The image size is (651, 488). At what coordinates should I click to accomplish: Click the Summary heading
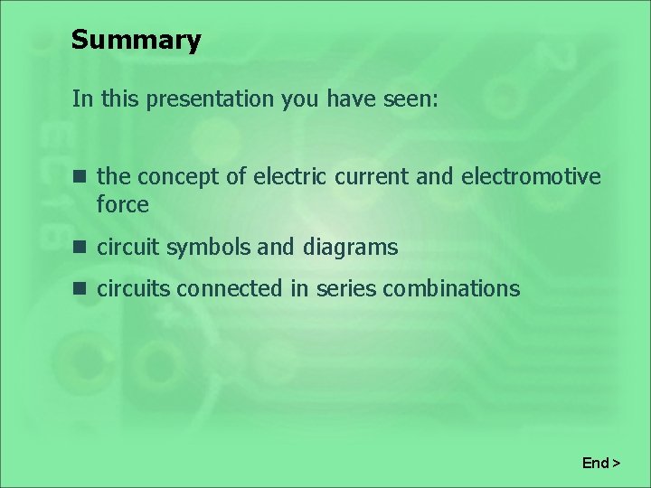click(x=136, y=41)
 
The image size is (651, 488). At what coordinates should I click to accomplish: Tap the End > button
click(x=601, y=464)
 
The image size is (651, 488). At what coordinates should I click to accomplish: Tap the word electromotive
click(x=531, y=176)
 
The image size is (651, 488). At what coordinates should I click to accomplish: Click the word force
click(x=123, y=205)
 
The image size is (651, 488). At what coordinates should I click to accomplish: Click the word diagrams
click(x=350, y=248)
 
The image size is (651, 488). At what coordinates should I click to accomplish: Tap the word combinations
click(x=451, y=289)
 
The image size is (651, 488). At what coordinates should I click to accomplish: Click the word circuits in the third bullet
click(x=134, y=289)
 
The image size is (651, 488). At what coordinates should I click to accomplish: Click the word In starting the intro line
click(x=82, y=99)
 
